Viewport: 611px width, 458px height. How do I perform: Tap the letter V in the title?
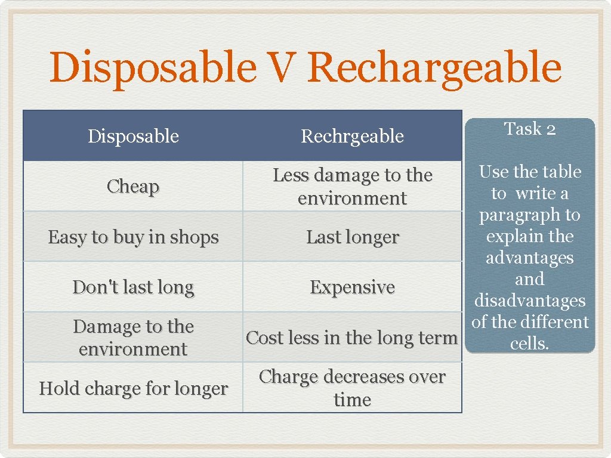pos(280,67)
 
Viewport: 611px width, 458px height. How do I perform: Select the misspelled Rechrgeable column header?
pos(352,137)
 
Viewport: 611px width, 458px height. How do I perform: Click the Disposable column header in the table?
pos(133,137)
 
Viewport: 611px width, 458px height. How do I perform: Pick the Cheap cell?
pos(133,187)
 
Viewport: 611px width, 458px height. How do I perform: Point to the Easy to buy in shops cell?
pos(133,237)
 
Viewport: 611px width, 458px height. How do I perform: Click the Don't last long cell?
pos(133,287)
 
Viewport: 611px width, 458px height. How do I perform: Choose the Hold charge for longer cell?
pos(133,389)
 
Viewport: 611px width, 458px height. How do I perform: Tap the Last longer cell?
pos(352,237)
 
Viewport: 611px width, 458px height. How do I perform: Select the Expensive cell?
pos(352,287)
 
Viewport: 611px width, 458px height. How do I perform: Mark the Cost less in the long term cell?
pos(352,338)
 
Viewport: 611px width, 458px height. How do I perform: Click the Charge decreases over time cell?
pos(352,388)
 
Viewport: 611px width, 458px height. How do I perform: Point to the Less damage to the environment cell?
pos(352,187)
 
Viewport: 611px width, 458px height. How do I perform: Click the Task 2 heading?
pos(530,129)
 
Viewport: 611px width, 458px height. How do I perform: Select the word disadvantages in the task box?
pos(530,301)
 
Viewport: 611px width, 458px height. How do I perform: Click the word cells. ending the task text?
pos(530,343)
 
